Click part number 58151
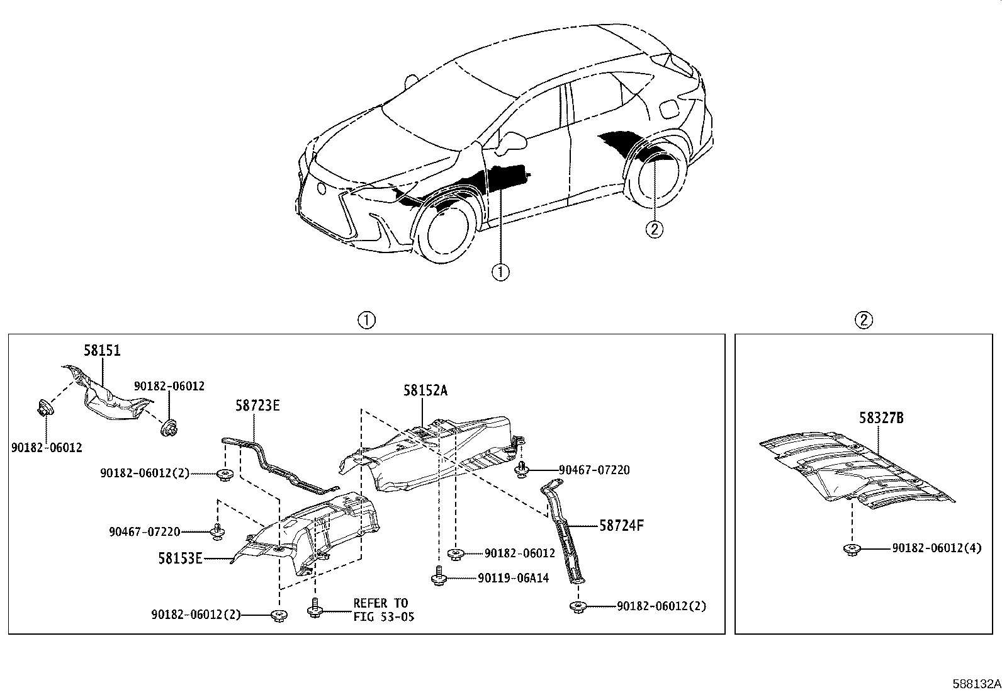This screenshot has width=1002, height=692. [x=103, y=351]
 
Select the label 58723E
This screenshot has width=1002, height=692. [x=257, y=406]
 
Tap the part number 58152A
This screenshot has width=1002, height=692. [x=425, y=390]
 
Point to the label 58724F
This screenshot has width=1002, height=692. [x=621, y=525]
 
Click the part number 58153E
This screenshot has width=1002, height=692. [x=180, y=558]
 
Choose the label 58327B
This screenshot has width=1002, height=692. [x=881, y=417]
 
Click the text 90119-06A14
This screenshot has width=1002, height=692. [x=513, y=578]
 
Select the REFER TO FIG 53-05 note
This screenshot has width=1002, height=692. [x=383, y=610]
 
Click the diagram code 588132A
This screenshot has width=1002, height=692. [x=976, y=684]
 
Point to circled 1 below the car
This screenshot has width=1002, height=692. [x=500, y=272]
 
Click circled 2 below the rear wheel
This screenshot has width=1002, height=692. [x=654, y=229]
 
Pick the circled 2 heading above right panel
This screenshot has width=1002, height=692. [x=864, y=320]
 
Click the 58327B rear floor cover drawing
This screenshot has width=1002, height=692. [x=856, y=469]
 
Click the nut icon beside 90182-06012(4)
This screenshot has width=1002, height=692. [x=851, y=550]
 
